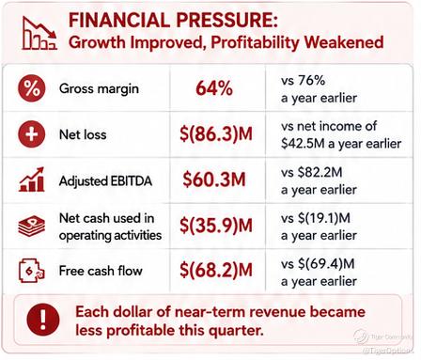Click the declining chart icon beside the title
tap(39, 33)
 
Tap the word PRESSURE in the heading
tap(226, 20)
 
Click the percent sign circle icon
tap(32, 88)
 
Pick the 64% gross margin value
tap(214, 88)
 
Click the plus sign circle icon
tap(32, 134)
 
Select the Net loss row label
tap(83, 134)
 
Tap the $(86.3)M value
tap(216, 134)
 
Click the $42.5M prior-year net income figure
tap(303, 144)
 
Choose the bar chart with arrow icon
tap(32, 180)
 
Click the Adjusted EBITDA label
tap(105, 180)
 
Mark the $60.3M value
tap(214, 180)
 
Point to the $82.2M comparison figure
tap(320, 172)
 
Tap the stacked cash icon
tap(32, 227)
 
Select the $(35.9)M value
tap(216, 226)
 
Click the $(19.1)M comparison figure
tap(324, 218)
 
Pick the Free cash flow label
tap(101, 271)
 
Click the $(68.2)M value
tap(216, 270)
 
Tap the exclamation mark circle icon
tap(43, 320)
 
